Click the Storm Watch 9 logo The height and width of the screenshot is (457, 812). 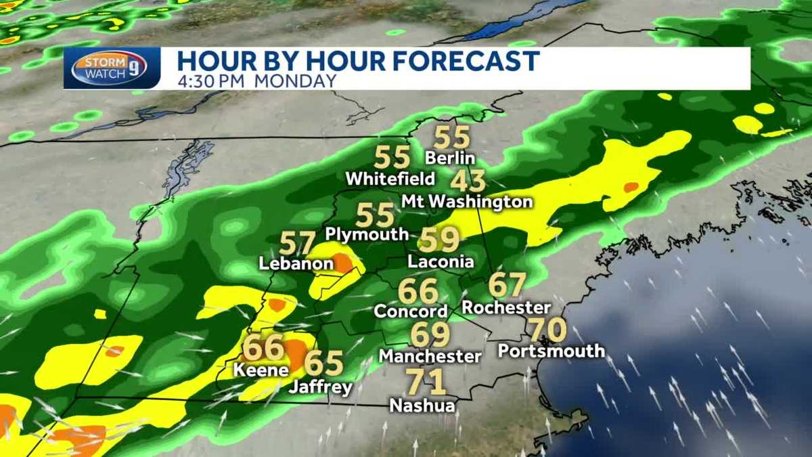pos(112,68)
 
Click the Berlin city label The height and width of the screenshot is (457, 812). pos(450,158)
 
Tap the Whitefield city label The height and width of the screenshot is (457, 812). pos(390,179)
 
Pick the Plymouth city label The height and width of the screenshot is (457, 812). pos(367,234)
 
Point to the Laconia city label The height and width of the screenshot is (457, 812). pos(441,262)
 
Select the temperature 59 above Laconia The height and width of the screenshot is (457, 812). pos(440,240)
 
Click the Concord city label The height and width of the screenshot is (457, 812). pos(411,311)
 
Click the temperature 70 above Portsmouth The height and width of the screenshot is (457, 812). pos(547,330)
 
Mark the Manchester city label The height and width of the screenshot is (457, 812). pos(430,355)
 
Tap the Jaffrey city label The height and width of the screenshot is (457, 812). pos(321,388)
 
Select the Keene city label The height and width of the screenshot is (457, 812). pos(261,370)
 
